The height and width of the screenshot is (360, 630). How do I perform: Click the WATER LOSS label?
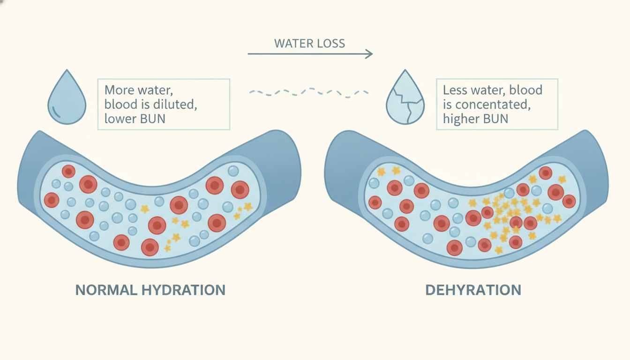point(309,43)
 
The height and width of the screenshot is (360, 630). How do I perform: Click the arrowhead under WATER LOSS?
point(369,54)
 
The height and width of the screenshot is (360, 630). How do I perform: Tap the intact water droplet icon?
point(67,97)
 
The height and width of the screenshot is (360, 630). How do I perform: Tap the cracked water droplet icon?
point(405,97)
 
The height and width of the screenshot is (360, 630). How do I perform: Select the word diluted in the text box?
point(173,105)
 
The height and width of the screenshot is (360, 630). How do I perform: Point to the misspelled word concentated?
point(493,105)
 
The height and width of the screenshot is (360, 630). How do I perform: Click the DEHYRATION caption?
point(473,290)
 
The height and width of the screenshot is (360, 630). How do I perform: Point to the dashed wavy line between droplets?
point(309,92)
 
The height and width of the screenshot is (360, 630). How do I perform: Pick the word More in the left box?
point(117,90)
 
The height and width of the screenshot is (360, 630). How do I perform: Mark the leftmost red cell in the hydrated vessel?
point(52,200)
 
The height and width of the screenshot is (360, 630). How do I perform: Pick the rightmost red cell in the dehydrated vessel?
point(569,202)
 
